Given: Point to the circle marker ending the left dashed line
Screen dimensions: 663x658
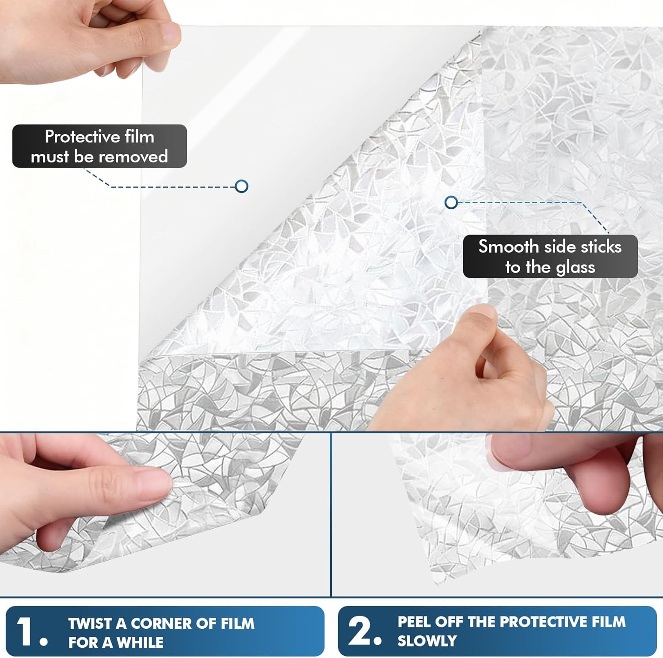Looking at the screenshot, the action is pos(241,186).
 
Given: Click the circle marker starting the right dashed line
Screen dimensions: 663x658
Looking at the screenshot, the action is pos(451,203).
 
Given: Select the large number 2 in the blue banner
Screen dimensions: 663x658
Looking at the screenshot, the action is pos(360,631).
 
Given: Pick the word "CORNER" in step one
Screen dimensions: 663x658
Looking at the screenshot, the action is pos(161,623).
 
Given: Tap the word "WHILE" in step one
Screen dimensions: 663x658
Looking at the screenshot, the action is pos(140,643).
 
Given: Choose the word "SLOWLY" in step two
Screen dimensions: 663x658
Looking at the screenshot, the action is pos(427,641).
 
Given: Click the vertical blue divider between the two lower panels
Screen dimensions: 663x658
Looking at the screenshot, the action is pos(331,514).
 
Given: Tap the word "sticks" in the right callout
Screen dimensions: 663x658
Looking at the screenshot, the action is pos(601,246).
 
